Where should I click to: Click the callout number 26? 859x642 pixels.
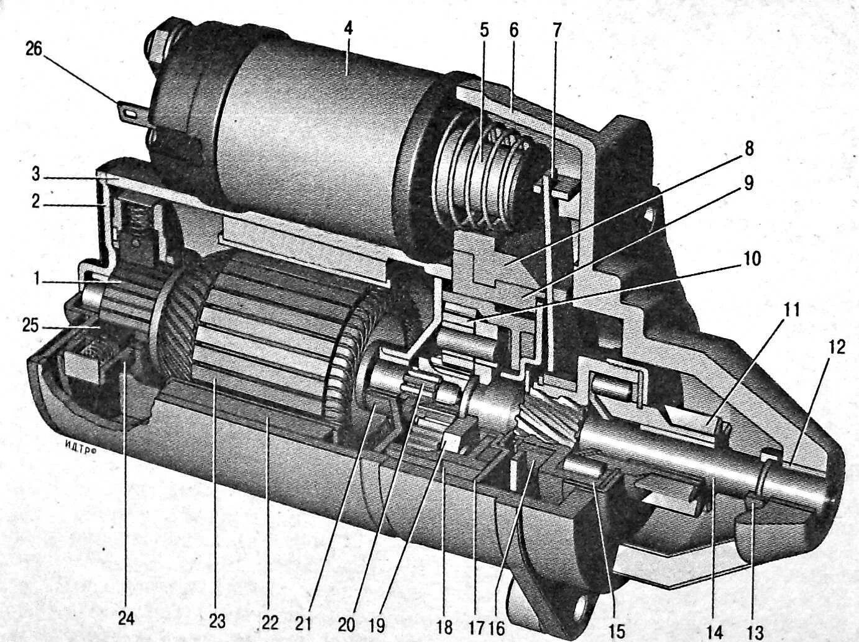[34, 49]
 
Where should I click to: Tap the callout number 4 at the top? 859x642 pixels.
[349, 29]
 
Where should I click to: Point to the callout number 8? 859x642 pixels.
[749, 149]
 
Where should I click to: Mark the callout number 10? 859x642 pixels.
[752, 258]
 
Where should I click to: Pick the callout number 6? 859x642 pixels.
[513, 29]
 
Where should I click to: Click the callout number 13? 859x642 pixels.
[755, 632]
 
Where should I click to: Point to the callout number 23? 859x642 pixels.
[217, 620]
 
